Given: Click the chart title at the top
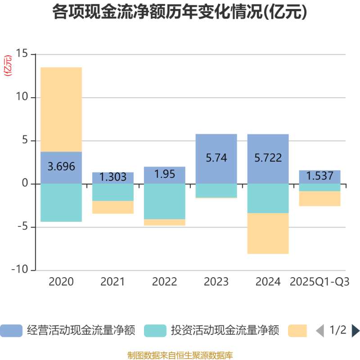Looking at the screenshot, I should coord(180,12).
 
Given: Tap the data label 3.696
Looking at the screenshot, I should coord(61,166).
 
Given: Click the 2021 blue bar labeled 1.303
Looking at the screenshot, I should coord(113,177).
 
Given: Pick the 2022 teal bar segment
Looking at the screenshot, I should coord(165,201).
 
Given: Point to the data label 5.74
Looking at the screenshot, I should coord(216,158).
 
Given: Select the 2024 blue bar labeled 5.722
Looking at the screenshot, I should coord(268,158).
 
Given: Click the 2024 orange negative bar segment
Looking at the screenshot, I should coord(268,234).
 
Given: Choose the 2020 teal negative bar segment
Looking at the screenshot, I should coord(61,202).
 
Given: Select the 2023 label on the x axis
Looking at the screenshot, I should coord(216,282).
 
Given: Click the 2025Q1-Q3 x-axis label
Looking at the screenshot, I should coord(320,282).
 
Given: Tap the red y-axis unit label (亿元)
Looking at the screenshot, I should coord(8,65).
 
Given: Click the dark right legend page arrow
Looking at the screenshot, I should coord(355,331).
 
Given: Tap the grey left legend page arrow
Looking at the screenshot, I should coord(320,331).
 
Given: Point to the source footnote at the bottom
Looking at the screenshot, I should coord(180,355).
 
